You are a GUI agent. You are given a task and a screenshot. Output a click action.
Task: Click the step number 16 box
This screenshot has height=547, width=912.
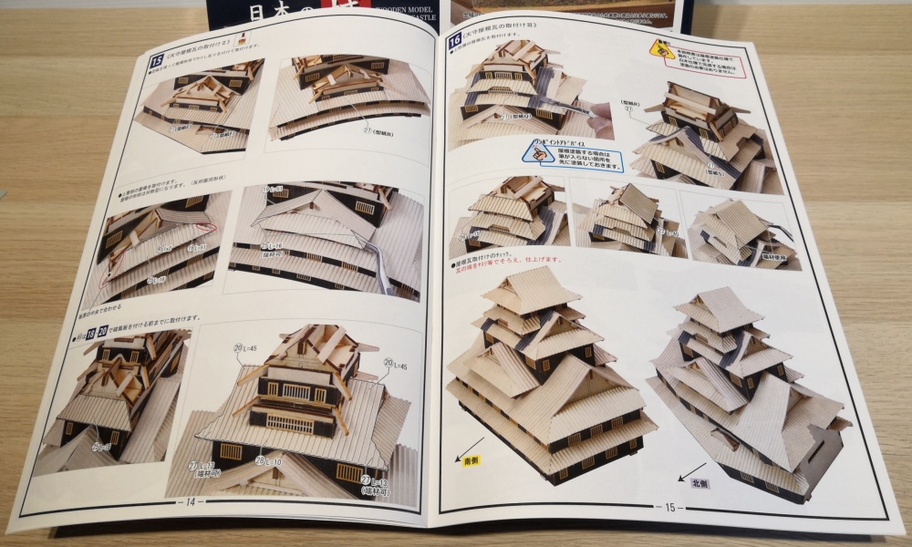(x=454, y=42)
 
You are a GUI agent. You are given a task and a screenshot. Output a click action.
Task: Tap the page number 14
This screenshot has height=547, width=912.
(x=191, y=500)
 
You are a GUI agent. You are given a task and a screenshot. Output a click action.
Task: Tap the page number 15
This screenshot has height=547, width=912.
(x=669, y=507)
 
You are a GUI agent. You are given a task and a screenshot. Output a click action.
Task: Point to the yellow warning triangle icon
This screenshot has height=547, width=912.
(x=656, y=47)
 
